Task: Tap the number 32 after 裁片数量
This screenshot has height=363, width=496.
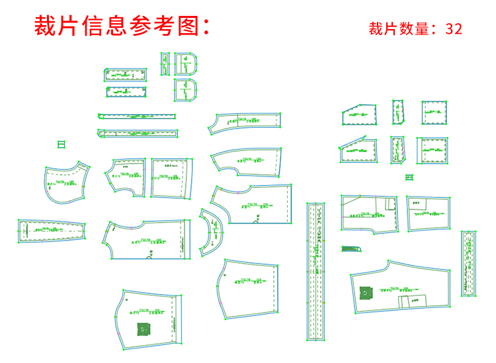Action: point(454,28)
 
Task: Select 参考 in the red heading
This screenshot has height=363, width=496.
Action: point(146,26)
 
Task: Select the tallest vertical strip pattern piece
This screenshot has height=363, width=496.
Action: point(318,272)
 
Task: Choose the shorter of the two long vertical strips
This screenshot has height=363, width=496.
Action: point(469,263)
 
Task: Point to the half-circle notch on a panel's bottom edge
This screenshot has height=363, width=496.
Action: point(149,256)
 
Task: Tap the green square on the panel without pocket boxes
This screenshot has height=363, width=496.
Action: point(143,329)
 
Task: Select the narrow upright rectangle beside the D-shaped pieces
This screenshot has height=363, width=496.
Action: point(165,65)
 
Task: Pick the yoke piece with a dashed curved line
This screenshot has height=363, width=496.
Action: point(66,181)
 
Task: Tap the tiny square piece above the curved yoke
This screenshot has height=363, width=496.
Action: point(62,143)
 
